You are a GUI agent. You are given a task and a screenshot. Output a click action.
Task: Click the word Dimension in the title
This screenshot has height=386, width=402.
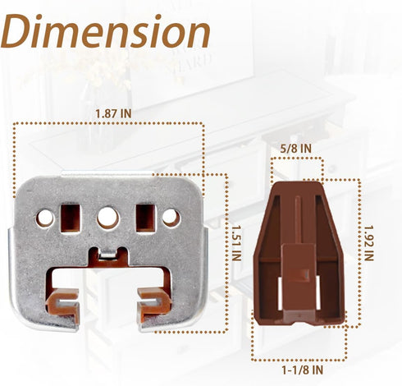(x=105, y=31)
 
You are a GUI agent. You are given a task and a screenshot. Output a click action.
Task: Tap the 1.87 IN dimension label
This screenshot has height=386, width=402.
(x=113, y=113)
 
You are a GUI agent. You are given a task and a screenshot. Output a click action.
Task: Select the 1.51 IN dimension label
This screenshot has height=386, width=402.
(x=236, y=243)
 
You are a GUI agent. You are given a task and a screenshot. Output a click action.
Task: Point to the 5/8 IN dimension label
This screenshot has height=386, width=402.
(x=296, y=149)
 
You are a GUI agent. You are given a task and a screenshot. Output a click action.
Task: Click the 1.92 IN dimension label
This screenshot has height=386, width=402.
(x=368, y=243)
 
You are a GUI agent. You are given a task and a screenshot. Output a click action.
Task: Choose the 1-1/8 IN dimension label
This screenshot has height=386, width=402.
(x=303, y=370)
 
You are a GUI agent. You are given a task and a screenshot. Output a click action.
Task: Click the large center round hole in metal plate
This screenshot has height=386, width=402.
(x=108, y=218)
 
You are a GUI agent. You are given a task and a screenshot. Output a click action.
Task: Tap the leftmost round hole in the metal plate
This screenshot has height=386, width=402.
(x=45, y=218)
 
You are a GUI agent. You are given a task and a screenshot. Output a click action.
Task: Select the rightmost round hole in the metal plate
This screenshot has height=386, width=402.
(x=171, y=218)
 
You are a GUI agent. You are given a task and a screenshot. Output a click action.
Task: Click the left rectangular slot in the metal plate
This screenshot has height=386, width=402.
(x=71, y=218)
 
